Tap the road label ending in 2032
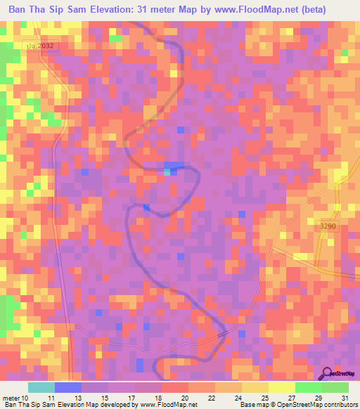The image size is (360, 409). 40,45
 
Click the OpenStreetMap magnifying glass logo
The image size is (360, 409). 328,375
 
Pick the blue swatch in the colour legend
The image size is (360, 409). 67,387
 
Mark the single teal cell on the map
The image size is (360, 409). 167,171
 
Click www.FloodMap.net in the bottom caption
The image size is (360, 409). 160,404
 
